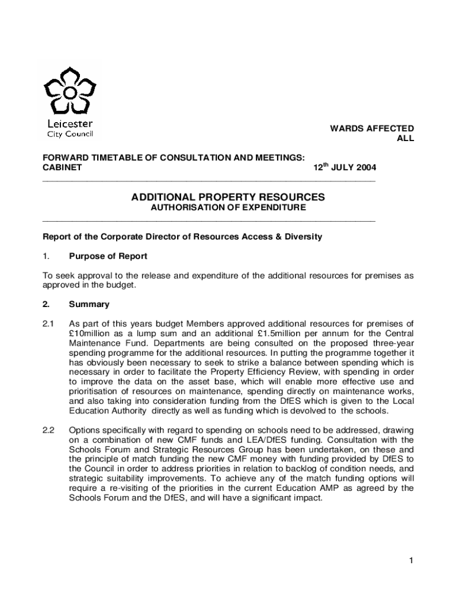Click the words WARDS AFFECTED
pyautogui.click(x=372, y=128)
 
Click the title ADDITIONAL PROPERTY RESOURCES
pyautogui.click(x=228, y=197)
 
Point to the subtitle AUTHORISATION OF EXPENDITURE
pyautogui.click(x=228, y=208)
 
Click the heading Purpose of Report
pyautogui.click(x=108, y=257)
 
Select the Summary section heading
pyautogui.click(x=89, y=305)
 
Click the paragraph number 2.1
pyautogui.click(x=49, y=324)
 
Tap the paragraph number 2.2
pyautogui.click(x=49, y=430)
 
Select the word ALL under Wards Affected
pyautogui.click(x=405, y=139)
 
